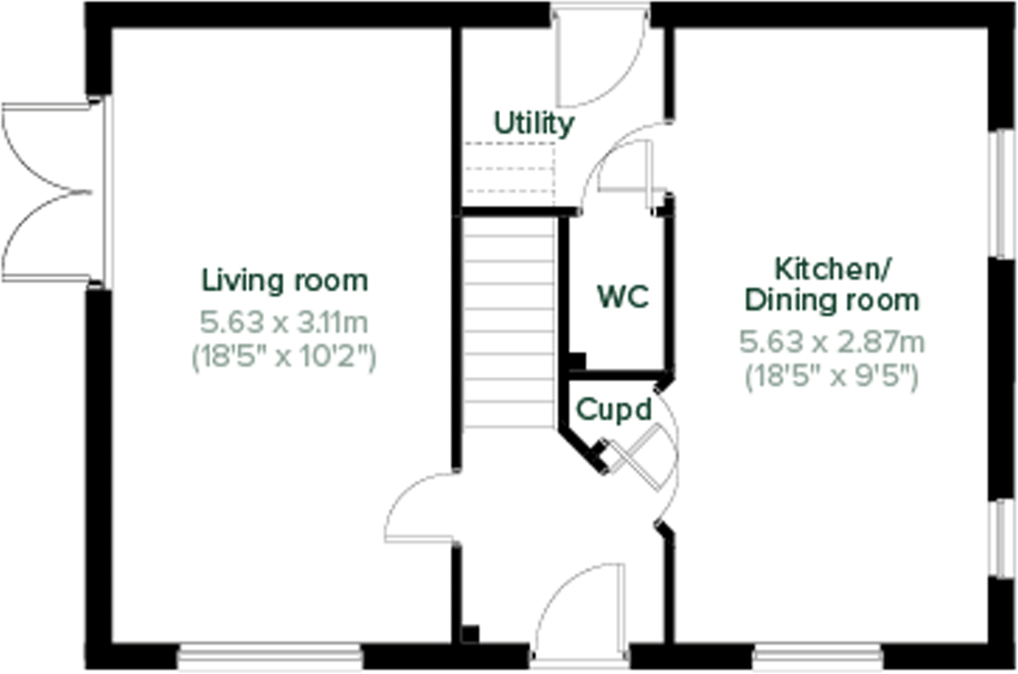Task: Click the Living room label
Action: click(284, 281)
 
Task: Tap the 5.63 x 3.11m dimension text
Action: click(285, 319)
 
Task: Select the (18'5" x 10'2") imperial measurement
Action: click(285, 357)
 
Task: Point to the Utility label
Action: click(534, 124)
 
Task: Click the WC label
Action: click(623, 296)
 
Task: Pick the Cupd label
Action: click(614, 409)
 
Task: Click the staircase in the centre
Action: click(509, 321)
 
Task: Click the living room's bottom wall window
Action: click(270, 657)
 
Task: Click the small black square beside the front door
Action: click(469, 635)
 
